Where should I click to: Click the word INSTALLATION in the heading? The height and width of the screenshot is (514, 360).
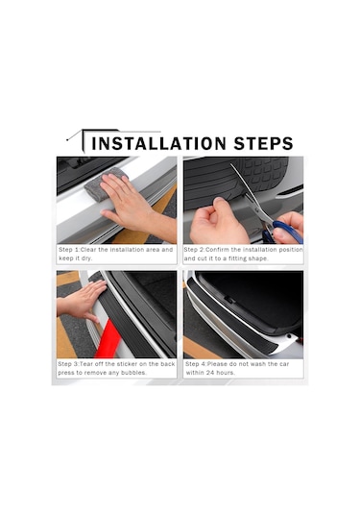tap(158, 143)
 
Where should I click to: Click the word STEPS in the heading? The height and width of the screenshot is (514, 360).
tap(263, 143)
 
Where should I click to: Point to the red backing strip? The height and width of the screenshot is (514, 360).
tap(108, 341)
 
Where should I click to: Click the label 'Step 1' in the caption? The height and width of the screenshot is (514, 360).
tap(69, 250)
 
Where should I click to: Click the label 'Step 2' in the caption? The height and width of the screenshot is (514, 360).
tap(194, 250)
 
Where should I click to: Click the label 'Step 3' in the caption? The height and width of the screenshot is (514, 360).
tap(68, 364)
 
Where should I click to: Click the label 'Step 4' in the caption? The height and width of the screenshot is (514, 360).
tap(196, 364)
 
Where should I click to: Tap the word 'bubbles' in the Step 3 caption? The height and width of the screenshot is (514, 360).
tap(133, 373)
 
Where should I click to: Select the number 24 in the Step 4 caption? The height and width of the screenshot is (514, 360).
tap(210, 373)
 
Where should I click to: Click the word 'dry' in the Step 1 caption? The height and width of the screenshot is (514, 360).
tap(86, 258)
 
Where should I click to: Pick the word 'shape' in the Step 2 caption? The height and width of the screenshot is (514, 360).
tap(258, 258)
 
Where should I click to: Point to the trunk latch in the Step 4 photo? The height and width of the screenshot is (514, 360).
tap(229, 300)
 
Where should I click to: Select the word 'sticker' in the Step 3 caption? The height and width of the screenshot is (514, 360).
tap(128, 364)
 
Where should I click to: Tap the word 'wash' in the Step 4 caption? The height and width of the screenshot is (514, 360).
tap(258, 364)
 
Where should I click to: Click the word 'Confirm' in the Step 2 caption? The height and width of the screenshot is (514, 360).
tap(218, 250)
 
